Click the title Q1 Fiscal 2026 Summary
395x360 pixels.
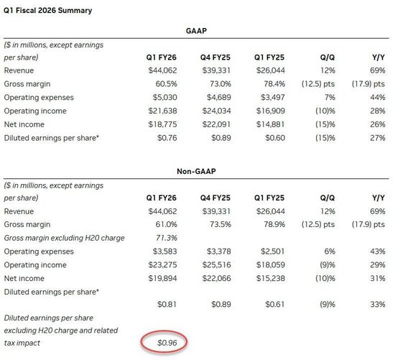click(47, 11)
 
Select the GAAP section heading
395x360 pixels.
click(196, 31)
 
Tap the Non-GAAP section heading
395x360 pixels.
click(196, 172)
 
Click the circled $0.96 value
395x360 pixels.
click(167, 343)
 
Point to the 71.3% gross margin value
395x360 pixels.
click(167, 238)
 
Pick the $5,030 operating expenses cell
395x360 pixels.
click(164, 97)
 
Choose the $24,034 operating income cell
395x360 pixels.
click(216, 111)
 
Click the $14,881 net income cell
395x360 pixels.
click(271, 124)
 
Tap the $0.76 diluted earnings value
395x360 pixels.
click(167, 138)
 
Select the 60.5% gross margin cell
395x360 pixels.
click(167, 84)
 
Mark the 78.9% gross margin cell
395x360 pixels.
click(274, 224)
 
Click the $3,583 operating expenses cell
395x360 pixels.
click(164, 251)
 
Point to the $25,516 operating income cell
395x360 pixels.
click(216, 265)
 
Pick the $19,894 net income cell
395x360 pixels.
click(162, 278)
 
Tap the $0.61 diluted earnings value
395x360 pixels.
click(275, 304)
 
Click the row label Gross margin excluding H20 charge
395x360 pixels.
click(64, 238)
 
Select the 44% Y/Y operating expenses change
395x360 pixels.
click(378, 97)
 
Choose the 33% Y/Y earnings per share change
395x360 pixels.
click(378, 304)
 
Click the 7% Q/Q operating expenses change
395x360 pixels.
click(330, 97)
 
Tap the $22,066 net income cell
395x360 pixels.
click(216, 278)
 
